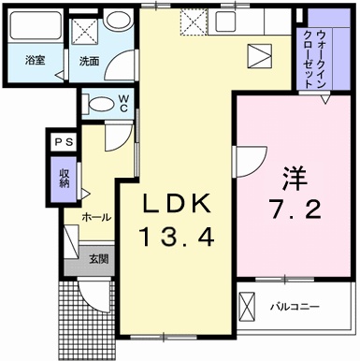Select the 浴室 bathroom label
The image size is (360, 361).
[x=34, y=61]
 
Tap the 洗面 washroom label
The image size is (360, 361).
[x=89, y=61]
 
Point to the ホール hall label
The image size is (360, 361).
[x=96, y=217]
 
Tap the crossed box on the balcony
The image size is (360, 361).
[x=246, y=307]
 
